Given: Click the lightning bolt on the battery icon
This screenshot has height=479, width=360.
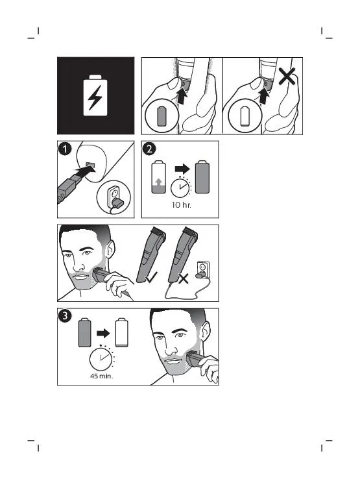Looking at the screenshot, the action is [x=95, y=97].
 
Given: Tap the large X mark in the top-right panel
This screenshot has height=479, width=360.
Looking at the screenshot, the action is [x=287, y=76].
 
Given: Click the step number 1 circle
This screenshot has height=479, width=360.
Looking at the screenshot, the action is [x=65, y=149].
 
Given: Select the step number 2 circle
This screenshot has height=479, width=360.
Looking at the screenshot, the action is [x=149, y=149].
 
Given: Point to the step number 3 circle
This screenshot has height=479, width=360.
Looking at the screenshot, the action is [x=65, y=316].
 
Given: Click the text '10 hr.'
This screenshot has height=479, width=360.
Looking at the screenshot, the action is [x=182, y=205].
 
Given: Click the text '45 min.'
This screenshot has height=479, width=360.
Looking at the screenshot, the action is [x=102, y=376].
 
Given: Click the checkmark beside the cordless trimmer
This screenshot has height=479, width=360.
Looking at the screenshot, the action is [x=151, y=277].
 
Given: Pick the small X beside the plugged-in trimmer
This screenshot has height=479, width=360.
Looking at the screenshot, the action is [x=183, y=278].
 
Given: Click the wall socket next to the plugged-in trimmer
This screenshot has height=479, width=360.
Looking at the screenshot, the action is [x=203, y=269].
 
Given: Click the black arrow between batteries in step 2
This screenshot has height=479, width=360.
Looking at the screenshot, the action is [x=182, y=168].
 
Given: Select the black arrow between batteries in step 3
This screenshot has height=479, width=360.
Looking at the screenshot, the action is [x=103, y=333].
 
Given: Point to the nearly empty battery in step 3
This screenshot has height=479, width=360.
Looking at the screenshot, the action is [x=121, y=333].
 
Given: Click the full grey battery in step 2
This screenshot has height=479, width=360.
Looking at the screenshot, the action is [x=202, y=177].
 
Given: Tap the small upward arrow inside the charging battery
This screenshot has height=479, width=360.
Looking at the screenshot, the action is [x=158, y=182].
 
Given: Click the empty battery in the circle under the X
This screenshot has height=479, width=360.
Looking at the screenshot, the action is [x=245, y=116].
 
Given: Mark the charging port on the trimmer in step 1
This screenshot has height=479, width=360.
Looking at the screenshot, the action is [x=91, y=165].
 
